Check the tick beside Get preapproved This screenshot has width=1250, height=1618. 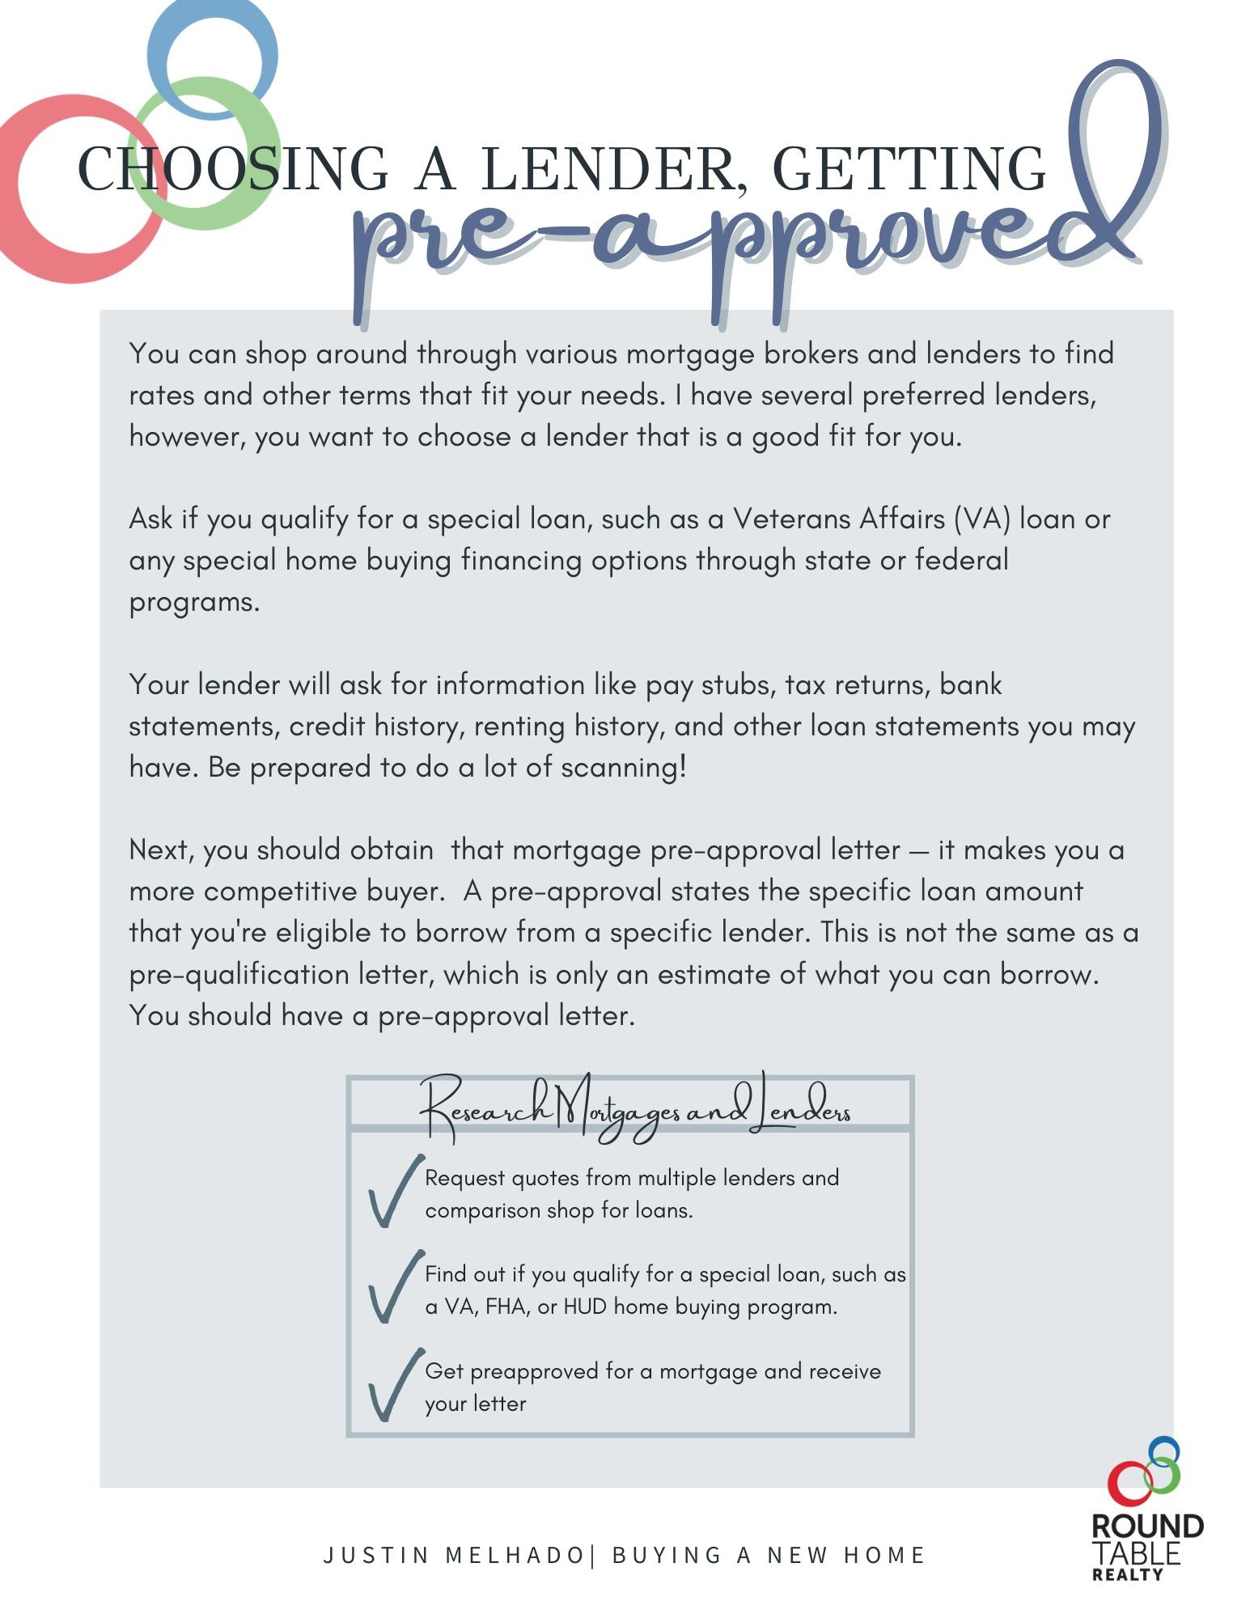(392, 1386)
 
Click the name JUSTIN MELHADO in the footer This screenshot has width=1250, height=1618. (453, 1556)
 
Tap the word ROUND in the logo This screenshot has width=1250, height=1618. (1146, 1527)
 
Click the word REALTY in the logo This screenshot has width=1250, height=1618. (1127, 1574)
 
